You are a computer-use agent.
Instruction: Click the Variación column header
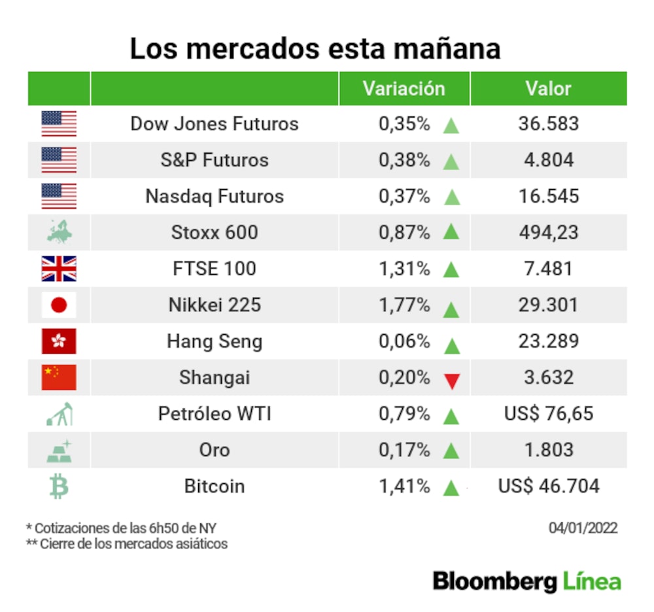tap(404, 89)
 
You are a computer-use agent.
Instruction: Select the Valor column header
tap(548, 89)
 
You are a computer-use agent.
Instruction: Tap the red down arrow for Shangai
tap(451, 380)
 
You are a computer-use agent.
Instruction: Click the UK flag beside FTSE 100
tap(59, 269)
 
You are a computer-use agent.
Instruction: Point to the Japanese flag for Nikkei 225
tap(59, 305)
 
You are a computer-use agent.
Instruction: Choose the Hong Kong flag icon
tap(59, 341)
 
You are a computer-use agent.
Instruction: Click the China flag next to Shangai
tap(59, 377)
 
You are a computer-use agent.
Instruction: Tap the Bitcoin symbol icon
tap(59, 486)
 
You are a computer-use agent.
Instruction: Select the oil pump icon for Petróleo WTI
tap(59, 414)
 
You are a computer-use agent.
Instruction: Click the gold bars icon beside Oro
tap(59, 450)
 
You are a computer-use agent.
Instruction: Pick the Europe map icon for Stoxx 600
tap(59, 232)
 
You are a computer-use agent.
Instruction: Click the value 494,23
tap(548, 233)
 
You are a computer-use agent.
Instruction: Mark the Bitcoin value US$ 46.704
tap(548, 486)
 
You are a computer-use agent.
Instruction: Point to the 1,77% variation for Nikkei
tap(404, 305)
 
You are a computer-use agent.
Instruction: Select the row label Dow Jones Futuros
tap(215, 124)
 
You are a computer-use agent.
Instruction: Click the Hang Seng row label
tap(215, 341)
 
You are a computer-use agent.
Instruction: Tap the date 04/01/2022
tap(583, 528)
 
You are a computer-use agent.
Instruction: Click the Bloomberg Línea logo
tap(526, 581)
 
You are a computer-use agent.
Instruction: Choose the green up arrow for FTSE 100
tap(451, 270)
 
